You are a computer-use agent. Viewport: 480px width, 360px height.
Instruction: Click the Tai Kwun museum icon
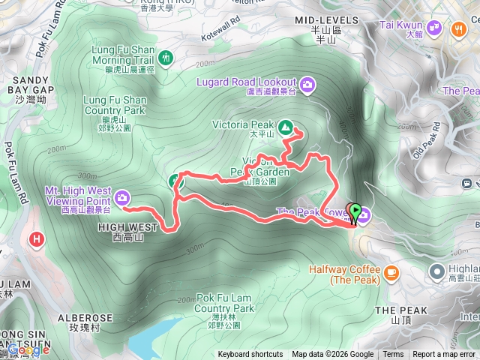tap(436, 28)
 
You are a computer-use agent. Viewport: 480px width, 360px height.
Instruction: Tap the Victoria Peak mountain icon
tap(286, 128)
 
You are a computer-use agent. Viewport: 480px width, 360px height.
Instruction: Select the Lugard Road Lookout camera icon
tap(307, 82)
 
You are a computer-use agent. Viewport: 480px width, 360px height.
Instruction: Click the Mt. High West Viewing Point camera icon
tap(122, 198)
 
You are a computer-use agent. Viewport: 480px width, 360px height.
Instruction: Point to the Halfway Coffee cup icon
tap(390, 273)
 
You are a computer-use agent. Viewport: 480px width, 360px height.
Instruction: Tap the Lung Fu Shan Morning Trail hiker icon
tap(166, 56)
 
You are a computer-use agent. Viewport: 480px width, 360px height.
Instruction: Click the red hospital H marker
tap(36, 240)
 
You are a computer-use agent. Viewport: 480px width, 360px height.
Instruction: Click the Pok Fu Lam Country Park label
tap(224, 307)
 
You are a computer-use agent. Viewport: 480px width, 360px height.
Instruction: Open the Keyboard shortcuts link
tap(250, 355)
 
